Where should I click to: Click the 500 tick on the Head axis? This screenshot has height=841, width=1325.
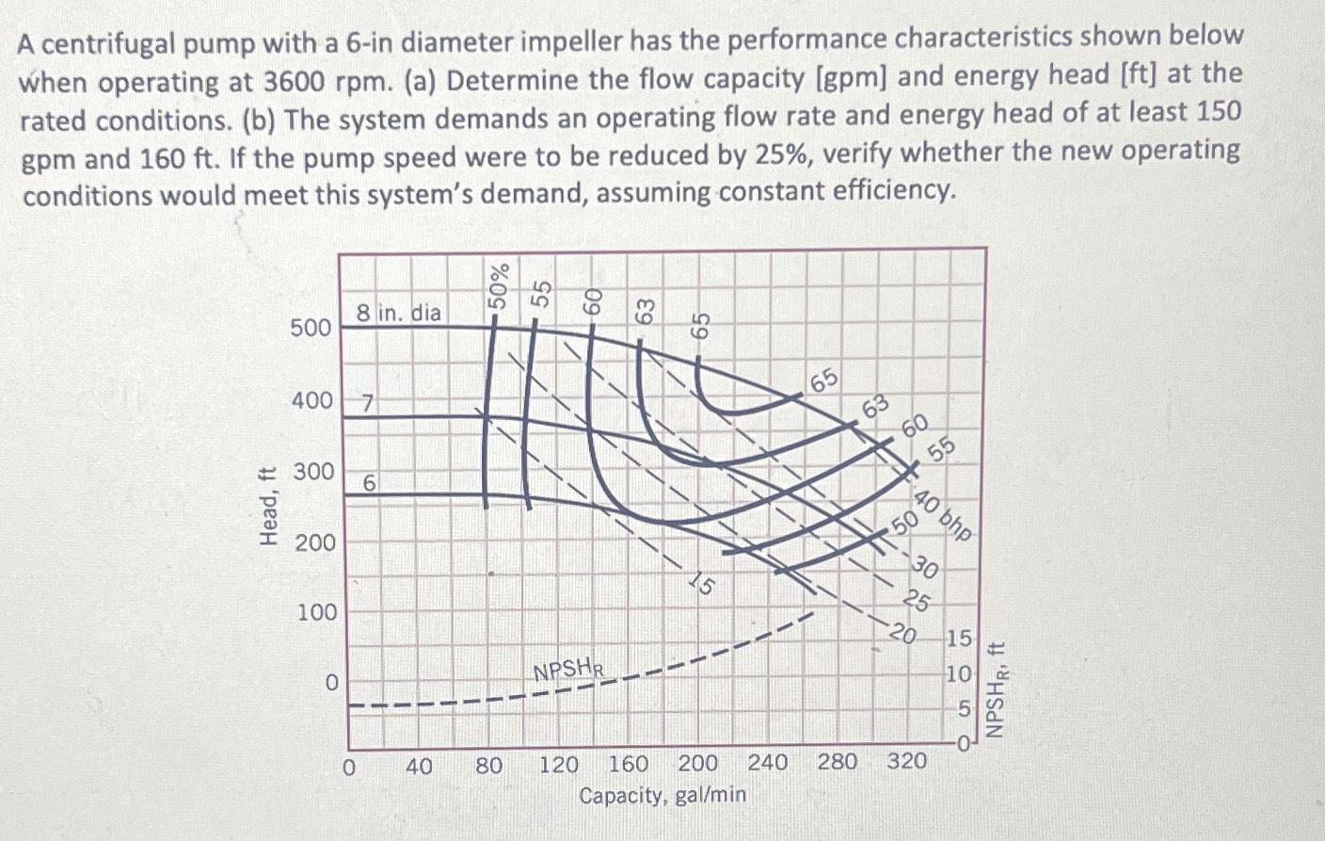pyautogui.click(x=311, y=328)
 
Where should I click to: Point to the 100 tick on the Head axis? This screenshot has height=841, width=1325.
pyautogui.click(x=316, y=612)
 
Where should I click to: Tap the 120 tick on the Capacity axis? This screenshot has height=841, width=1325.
pyautogui.click(x=558, y=764)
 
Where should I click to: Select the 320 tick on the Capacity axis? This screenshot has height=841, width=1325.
pyautogui.click(x=907, y=761)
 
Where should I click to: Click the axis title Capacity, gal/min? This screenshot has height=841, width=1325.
pyautogui.click(x=662, y=796)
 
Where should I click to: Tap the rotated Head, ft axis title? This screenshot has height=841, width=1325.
pyautogui.click(x=269, y=507)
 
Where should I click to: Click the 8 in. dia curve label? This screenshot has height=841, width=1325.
pyautogui.click(x=398, y=312)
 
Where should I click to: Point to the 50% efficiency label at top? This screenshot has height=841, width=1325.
pyautogui.click(x=499, y=284)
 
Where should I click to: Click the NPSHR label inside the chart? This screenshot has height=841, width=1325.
pyautogui.click(x=568, y=671)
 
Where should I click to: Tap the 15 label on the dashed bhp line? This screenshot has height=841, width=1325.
pyautogui.click(x=702, y=586)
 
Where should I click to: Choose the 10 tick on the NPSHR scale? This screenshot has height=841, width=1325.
pyautogui.click(x=959, y=674)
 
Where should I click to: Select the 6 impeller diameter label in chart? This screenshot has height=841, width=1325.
pyautogui.click(x=370, y=483)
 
